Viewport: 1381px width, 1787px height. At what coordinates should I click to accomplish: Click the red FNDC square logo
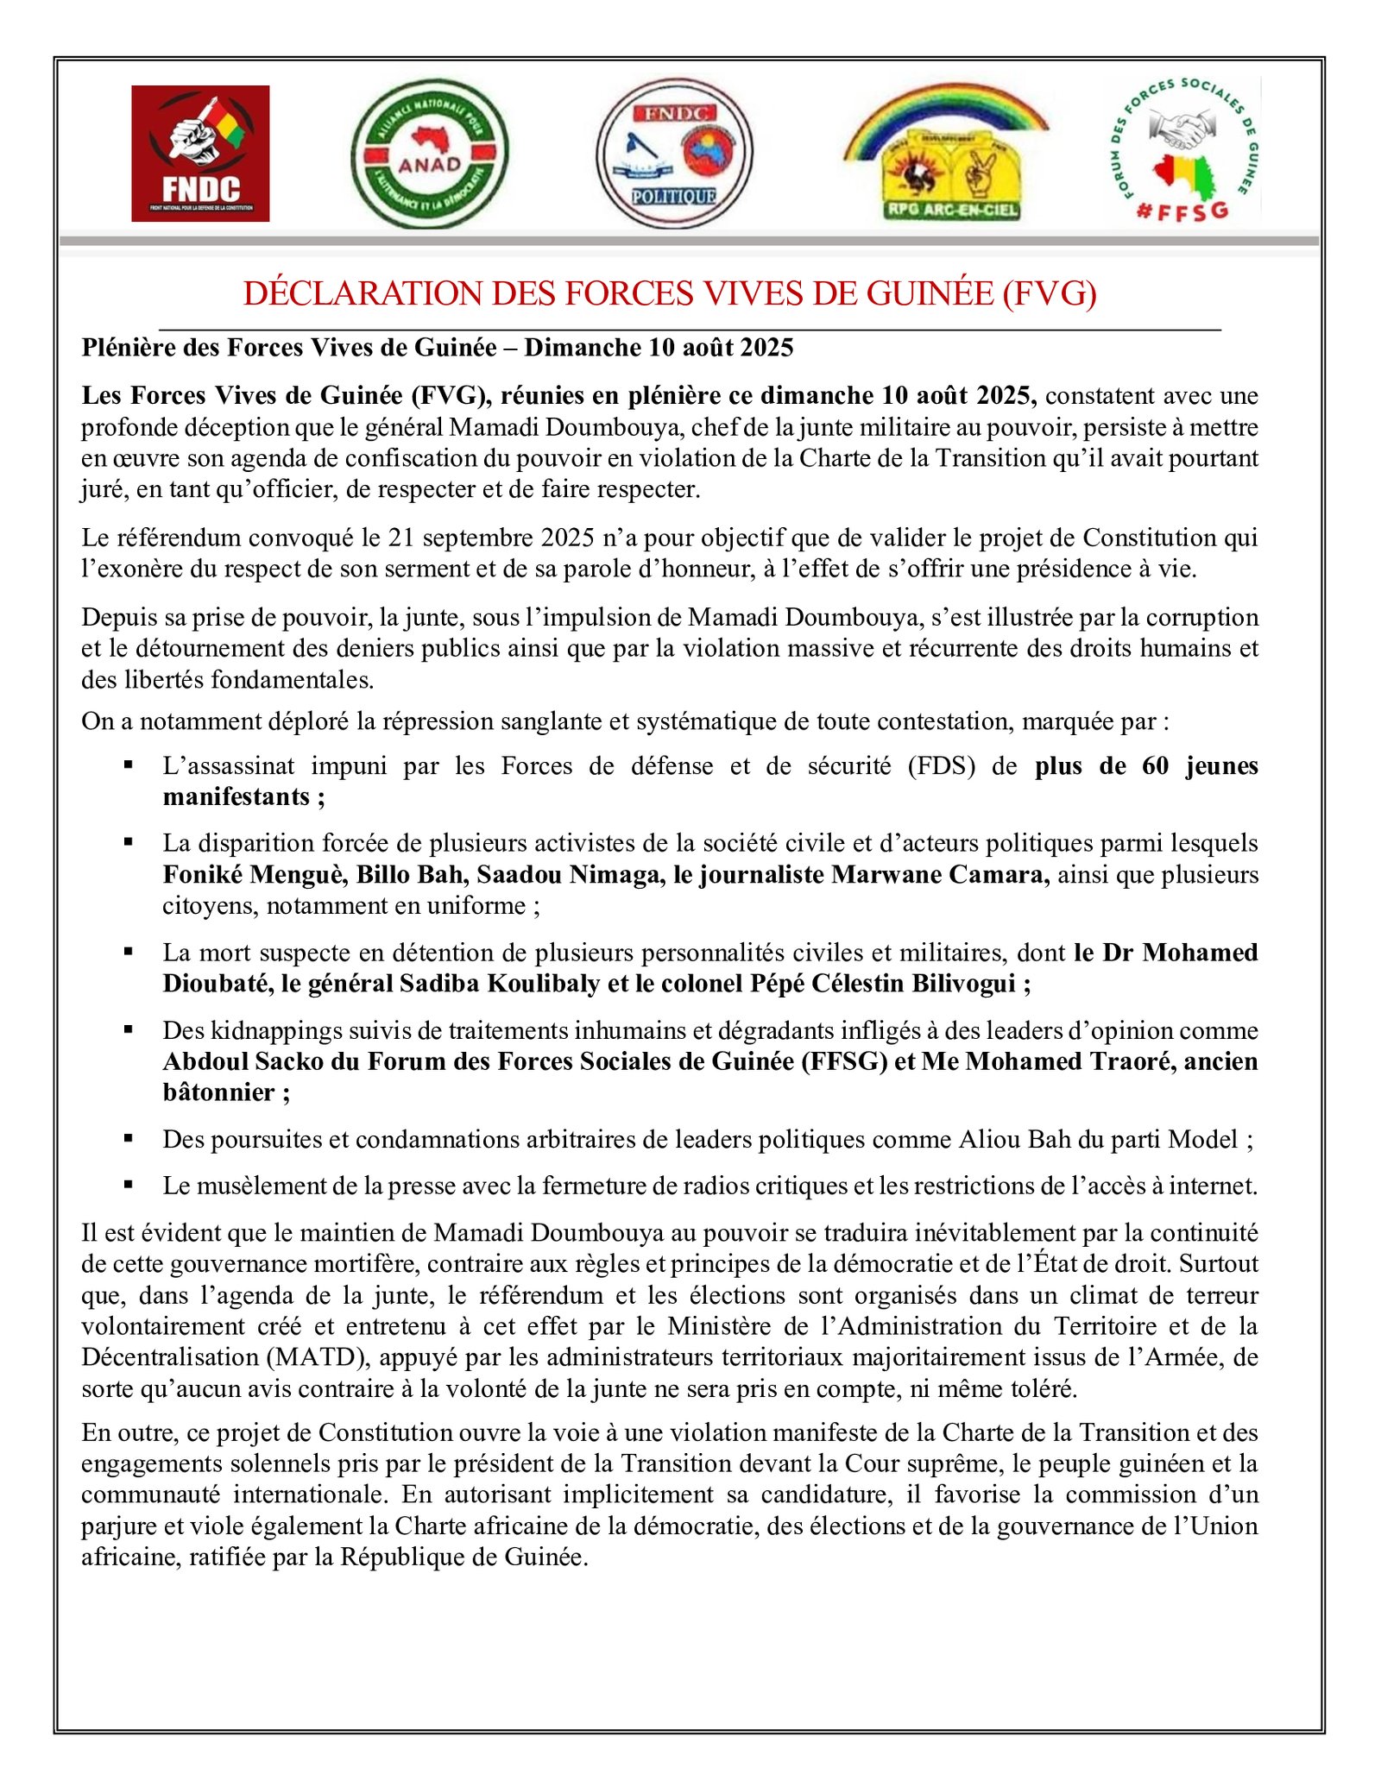point(200,154)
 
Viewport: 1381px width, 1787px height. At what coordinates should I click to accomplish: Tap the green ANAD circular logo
point(429,154)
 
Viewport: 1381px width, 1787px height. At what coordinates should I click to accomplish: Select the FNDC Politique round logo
point(674,154)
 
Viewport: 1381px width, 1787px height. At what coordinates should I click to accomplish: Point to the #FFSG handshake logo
point(1184,151)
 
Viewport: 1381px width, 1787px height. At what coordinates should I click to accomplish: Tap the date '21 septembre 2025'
point(492,538)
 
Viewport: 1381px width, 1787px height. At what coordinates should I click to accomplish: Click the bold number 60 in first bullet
point(1156,765)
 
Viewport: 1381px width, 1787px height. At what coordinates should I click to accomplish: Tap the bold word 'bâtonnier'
point(218,1092)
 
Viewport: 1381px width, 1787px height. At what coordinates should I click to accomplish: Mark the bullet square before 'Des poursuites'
point(129,1138)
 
